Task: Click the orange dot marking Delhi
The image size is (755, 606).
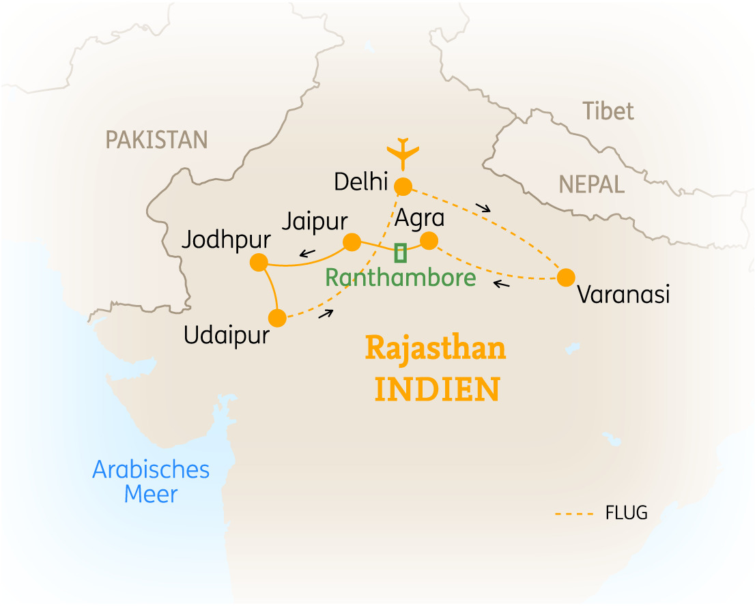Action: click(403, 186)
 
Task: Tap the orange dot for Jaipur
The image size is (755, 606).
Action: click(352, 242)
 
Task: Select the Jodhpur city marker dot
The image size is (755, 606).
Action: click(259, 262)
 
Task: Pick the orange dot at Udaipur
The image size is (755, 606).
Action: click(277, 318)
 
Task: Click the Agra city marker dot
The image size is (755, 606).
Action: click(429, 241)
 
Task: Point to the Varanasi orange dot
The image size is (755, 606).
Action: click(565, 278)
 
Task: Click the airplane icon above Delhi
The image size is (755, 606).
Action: click(403, 153)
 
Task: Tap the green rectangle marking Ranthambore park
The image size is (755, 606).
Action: click(401, 252)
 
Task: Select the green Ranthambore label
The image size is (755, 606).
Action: click(400, 278)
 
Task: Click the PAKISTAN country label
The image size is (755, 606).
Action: click(156, 140)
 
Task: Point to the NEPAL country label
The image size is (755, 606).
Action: click(592, 184)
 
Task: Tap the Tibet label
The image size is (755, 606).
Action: click(608, 111)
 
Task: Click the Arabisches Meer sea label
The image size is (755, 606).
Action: click(151, 482)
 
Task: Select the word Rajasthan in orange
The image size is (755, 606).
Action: click(436, 349)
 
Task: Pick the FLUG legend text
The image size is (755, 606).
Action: click(626, 513)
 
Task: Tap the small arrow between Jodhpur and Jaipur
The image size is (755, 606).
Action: click(307, 255)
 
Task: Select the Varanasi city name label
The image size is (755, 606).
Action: click(623, 295)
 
